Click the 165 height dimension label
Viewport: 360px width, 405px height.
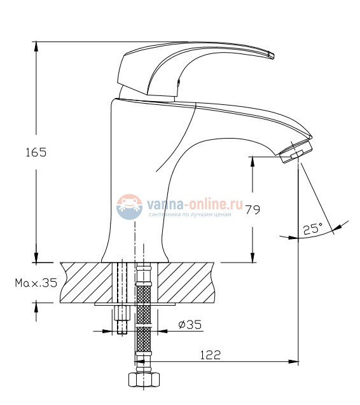36,152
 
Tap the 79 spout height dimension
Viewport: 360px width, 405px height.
253,209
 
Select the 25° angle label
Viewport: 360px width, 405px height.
313,229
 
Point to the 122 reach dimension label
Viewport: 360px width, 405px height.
211,355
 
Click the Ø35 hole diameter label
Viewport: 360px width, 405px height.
190,324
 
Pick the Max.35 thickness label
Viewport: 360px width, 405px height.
36,283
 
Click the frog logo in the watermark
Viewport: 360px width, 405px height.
129,207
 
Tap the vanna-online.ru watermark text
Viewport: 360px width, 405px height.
195,205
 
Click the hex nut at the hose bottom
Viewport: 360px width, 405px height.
144,379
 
